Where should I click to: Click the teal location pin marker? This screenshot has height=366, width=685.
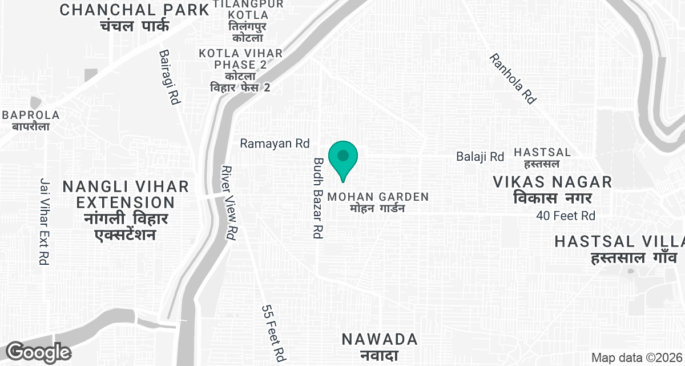click(343, 159)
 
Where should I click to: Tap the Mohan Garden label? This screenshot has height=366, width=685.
click(377, 202)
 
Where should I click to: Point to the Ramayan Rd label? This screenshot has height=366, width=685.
click(274, 144)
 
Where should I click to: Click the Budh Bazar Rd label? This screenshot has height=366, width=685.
click(319, 198)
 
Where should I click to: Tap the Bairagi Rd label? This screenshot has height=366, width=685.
click(170, 77)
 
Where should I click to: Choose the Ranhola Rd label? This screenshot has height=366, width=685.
click(513, 79)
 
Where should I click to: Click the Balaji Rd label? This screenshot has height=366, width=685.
click(480, 156)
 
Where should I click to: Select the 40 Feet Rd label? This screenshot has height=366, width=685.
click(566, 216)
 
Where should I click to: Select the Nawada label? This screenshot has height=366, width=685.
click(380, 346)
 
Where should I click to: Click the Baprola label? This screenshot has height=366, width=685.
click(31, 120)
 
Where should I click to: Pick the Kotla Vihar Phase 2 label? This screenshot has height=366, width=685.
click(240, 70)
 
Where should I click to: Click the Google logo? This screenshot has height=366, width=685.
click(38, 352)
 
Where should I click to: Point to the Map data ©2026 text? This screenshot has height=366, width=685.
click(636, 357)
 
